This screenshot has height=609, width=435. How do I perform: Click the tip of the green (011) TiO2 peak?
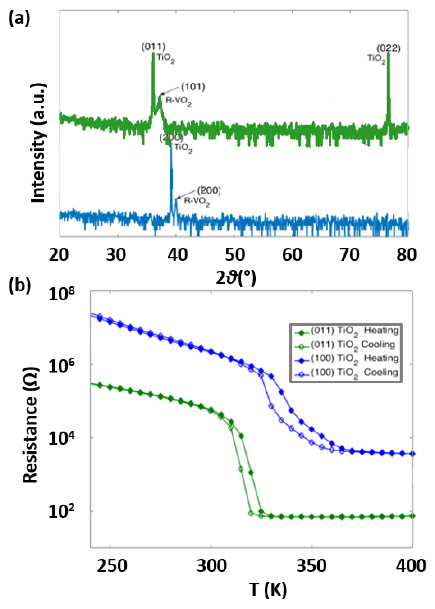[153, 54]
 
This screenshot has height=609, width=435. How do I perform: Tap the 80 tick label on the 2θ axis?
[406, 255]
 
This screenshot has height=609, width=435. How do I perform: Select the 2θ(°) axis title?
[236, 278]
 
